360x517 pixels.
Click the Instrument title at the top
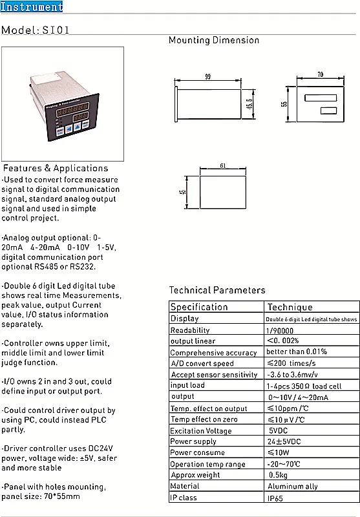pyautogui.click(x=32, y=7)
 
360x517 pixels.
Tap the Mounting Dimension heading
pyautogui.click(x=213, y=40)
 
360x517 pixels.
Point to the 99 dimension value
pyautogui.click(x=207, y=76)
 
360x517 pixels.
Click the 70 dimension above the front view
pyautogui.click(x=320, y=75)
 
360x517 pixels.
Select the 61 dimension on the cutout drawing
pyautogui.click(x=222, y=166)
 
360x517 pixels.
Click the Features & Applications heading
pyautogui.click(x=56, y=168)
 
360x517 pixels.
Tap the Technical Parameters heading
pyautogui.click(x=217, y=290)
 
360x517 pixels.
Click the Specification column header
pyautogui.click(x=199, y=307)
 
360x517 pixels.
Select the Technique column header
pyautogui.click(x=290, y=307)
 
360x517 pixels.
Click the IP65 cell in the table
pyautogui.click(x=275, y=498)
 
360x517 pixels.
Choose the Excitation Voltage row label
pyautogui.click(x=200, y=431)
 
